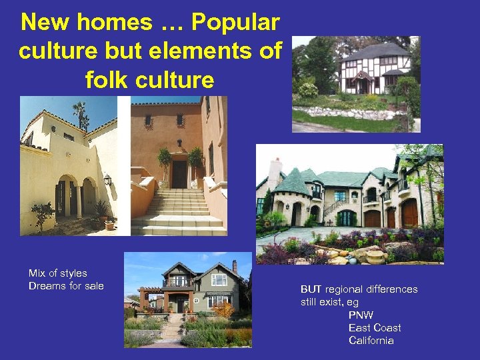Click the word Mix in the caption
[x=37, y=273]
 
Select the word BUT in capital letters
[x=311, y=289]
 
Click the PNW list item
[x=361, y=315]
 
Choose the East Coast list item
[x=375, y=327]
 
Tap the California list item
[x=371, y=341]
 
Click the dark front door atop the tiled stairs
[x=179, y=174]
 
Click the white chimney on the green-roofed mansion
[x=274, y=173]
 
